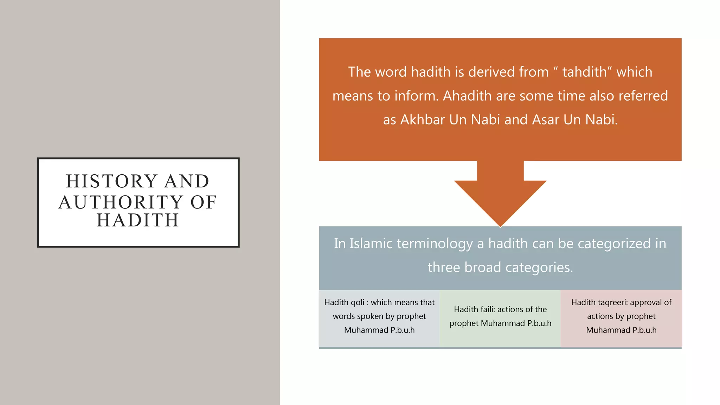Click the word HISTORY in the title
point(111,181)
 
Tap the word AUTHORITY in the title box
point(121,202)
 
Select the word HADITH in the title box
point(138,220)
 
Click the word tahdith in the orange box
point(584,72)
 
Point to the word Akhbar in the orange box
point(423,120)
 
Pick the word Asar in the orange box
point(546,120)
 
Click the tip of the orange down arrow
point(500,226)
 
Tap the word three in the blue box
point(444,268)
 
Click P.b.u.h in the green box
point(539,323)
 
